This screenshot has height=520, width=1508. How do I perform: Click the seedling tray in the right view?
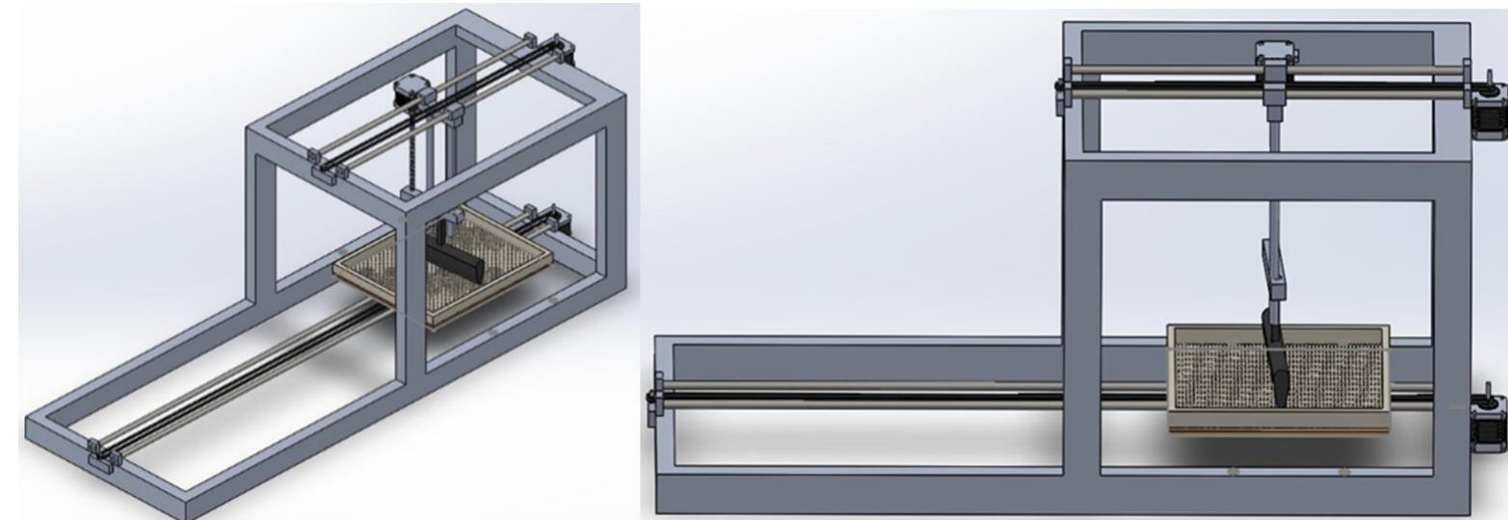(x=1278, y=379)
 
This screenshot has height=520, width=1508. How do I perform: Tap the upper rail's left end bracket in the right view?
(x=1066, y=84)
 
